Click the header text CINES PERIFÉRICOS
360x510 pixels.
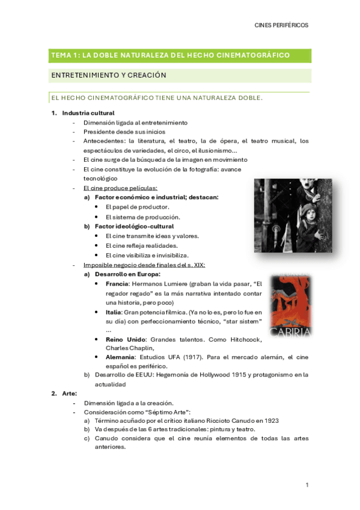281,25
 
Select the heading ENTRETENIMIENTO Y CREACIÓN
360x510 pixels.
108,75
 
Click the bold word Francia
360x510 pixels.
117,283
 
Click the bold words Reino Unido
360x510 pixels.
122,339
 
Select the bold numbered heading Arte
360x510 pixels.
69,393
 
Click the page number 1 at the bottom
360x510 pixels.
307,485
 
